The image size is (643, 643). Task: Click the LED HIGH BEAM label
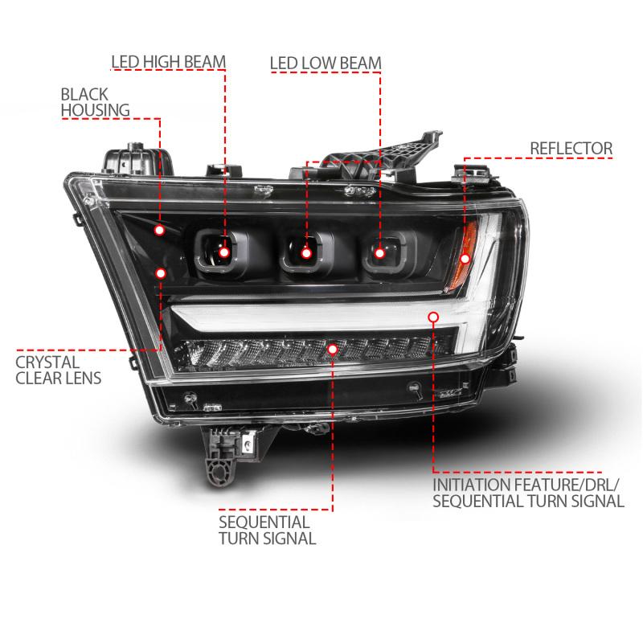click(x=169, y=62)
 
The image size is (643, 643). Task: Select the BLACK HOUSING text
click(x=94, y=100)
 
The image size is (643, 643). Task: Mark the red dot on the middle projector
click(x=306, y=253)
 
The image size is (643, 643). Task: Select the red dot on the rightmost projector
click(x=379, y=253)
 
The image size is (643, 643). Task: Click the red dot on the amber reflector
click(x=465, y=258)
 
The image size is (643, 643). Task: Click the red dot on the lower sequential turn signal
click(x=333, y=347)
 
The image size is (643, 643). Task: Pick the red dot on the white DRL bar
click(x=434, y=317)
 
